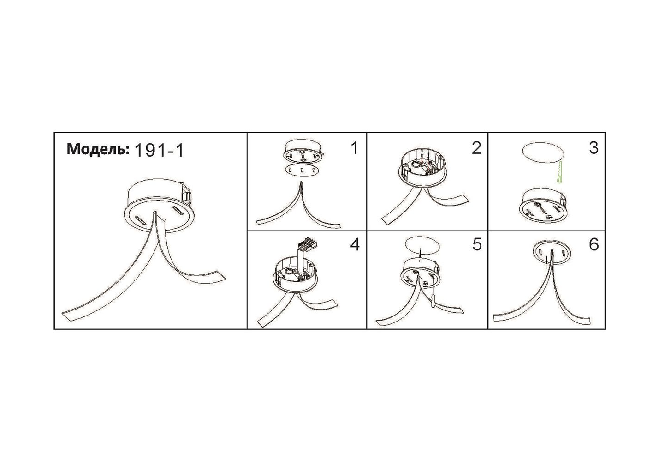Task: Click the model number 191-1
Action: point(159,150)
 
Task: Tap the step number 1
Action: point(355,148)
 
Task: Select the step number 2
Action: point(476,148)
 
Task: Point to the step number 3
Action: point(594,148)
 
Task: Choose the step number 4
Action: point(355,244)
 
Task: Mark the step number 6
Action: point(594,244)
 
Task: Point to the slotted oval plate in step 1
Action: point(303,170)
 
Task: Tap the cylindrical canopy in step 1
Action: point(303,152)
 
